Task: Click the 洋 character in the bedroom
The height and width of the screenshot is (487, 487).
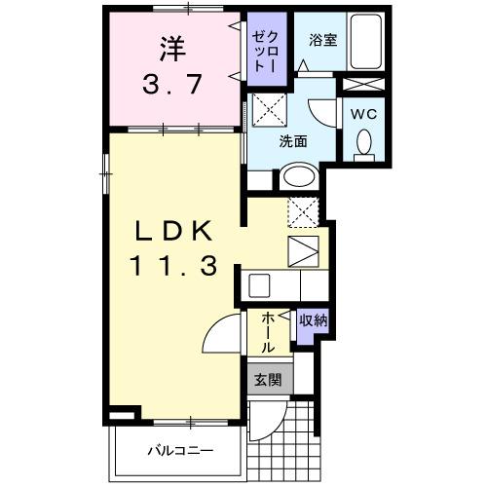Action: click(171, 46)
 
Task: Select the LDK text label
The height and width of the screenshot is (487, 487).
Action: click(171, 232)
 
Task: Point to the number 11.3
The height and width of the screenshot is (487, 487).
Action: click(171, 265)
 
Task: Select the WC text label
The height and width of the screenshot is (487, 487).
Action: click(362, 112)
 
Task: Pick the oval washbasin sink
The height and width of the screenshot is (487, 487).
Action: click(299, 177)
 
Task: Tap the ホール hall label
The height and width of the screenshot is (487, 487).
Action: click(267, 332)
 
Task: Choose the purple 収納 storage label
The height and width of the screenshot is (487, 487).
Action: click(312, 320)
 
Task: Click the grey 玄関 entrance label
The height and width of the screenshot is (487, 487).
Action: click(268, 380)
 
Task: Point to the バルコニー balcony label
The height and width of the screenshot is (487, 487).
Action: click(180, 450)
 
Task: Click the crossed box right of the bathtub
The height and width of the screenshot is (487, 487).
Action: click(362, 85)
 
